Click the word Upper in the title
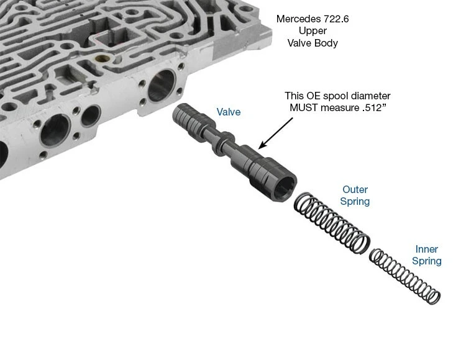[x=313, y=31]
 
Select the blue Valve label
[x=229, y=112]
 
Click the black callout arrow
[x=276, y=133]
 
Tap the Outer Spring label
[x=355, y=196]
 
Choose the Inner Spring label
[x=426, y=255]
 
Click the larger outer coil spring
[x=332, y=223]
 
